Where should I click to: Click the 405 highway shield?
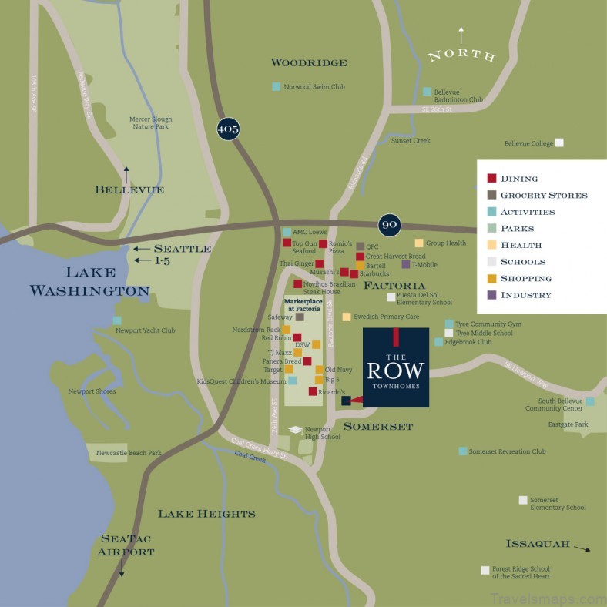(x=228, y=129)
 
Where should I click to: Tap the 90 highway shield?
(x=390, y=224)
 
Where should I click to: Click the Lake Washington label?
(x=89, y=281)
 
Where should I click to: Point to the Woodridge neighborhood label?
(x=309, y=62)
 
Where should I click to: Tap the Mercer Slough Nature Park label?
(x=151, y=123)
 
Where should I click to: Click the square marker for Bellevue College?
(x=560, y=143)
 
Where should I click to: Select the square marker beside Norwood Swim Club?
(x=277, y=87)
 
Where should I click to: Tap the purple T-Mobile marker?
(x=406, y=264)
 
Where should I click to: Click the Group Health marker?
(x=419, y=243)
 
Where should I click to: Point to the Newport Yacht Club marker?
(x=117, y=320)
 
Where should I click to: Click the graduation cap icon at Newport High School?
(x=296, y=430)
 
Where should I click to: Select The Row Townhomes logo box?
(x=395, y=367)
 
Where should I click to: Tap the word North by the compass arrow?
(x=461, y=55)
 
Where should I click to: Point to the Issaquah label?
(x=538, y=544)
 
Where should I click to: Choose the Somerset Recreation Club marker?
(x=462, y=451)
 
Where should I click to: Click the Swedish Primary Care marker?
(x=347, y=317)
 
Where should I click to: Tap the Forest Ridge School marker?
(x=485, y=571)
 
